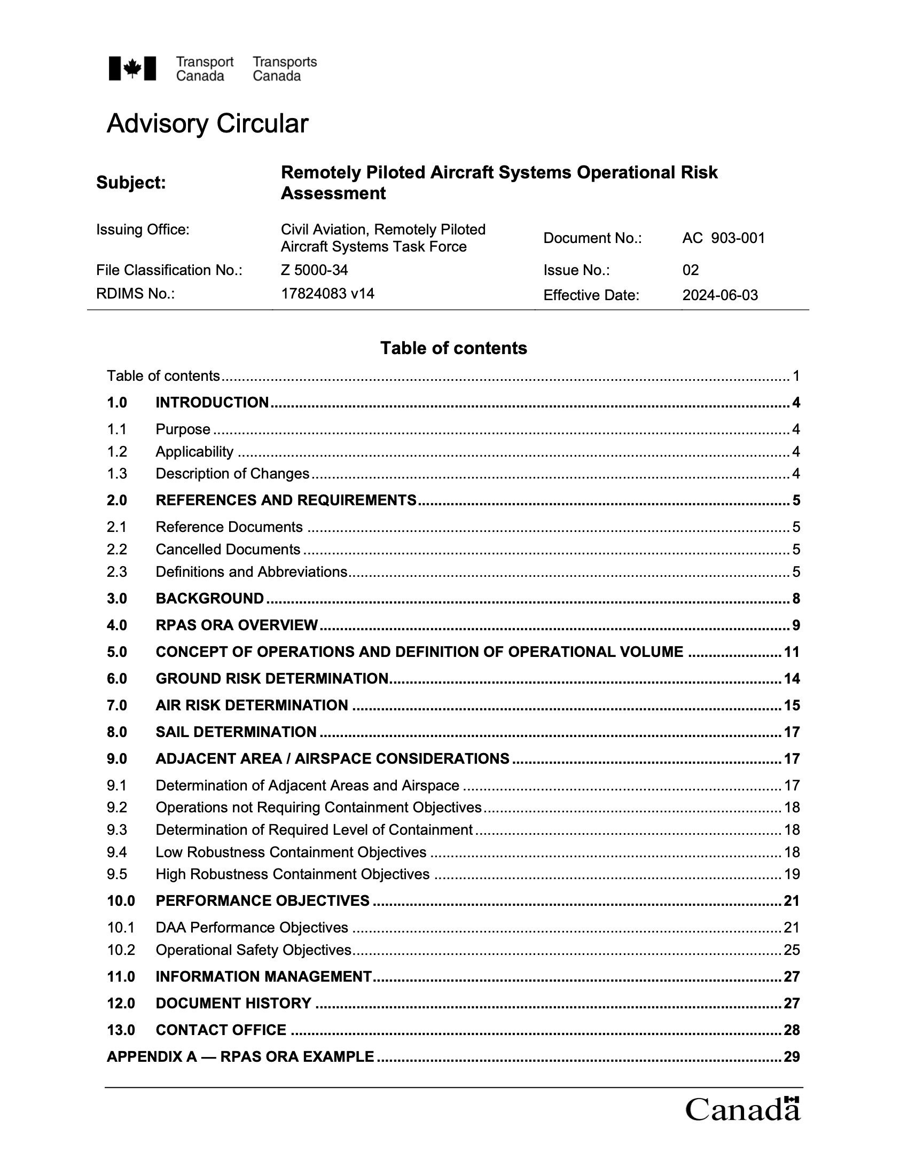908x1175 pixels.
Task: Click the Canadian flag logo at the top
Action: coord(132,68)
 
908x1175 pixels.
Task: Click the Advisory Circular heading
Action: coord(207,124)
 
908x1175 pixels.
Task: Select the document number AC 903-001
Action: coord(723,238)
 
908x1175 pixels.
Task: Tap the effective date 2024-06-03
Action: coord(720,295)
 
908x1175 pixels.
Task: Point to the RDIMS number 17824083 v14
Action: coord(327,293)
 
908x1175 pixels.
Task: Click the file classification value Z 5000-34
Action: coord(310,270)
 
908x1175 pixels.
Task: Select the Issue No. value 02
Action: coord(690,270)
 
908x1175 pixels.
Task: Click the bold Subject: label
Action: coord(131,183)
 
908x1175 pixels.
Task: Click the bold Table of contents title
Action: coord(453,348)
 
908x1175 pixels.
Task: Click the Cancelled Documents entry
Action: coord(228,549)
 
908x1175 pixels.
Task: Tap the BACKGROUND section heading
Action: coord(210,598)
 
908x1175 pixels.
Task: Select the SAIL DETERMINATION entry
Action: coord(236,732)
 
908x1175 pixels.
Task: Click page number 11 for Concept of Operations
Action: coord(791,652)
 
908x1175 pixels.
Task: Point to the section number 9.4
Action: coord(117,852)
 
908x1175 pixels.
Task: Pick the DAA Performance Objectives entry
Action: coord(252,928)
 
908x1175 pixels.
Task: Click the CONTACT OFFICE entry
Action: coord(221,1030)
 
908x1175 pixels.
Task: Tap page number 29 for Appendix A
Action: coord(791,1056)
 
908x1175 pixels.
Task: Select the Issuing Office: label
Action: coord(143,230)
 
